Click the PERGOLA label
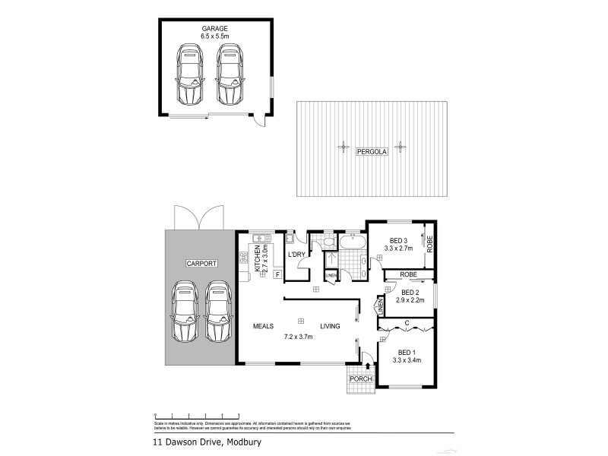coord(372,152)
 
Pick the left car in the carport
coord(184,312)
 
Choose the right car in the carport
coord(218,312)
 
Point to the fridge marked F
coord(277,274)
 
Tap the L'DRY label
coord(296,255)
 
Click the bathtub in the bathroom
coord(351,243)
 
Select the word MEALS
coord(264,326)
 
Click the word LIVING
coord(329,326)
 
